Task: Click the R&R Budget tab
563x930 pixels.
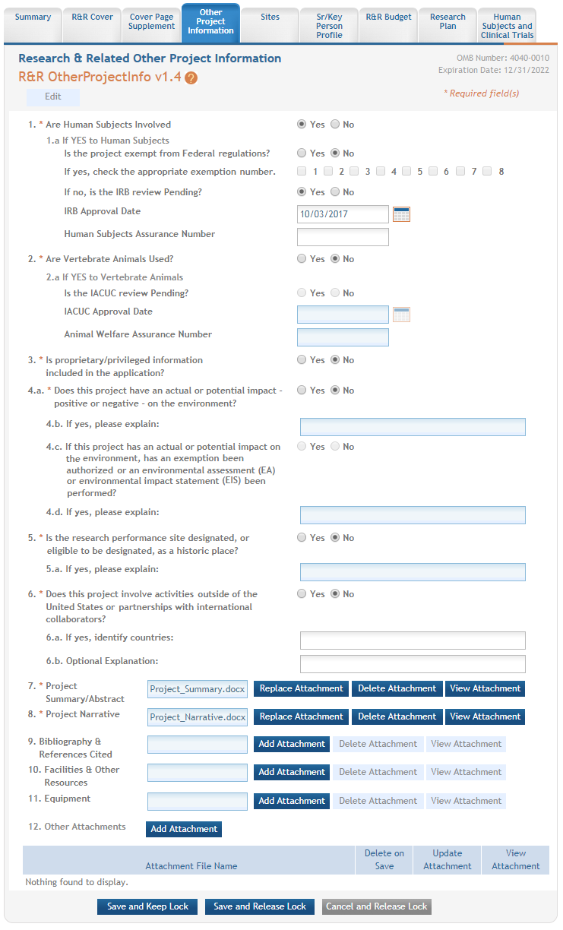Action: [388, 17]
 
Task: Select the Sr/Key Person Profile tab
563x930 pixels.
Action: [329, 26]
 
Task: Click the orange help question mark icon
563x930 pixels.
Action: [191, 77]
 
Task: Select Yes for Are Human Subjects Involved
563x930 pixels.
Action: [302, 125]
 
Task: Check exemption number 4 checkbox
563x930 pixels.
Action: [381, 172]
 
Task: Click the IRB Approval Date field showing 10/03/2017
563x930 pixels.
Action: [343, 214]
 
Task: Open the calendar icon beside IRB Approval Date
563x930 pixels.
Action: [401, 214]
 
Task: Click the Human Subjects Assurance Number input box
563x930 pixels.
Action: [343, 237]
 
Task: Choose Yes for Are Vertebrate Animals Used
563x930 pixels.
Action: [302, 259]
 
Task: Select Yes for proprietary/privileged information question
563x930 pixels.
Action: [302, 360]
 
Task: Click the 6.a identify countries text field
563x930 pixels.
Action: [413, 641]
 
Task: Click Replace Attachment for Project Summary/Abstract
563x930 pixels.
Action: [301, 688]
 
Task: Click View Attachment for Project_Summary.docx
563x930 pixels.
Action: [485, 688]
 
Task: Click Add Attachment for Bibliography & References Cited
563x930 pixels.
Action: [292, 744]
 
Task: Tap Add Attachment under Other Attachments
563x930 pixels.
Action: [184, 829]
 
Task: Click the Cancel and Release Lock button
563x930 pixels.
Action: [376, 906]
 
